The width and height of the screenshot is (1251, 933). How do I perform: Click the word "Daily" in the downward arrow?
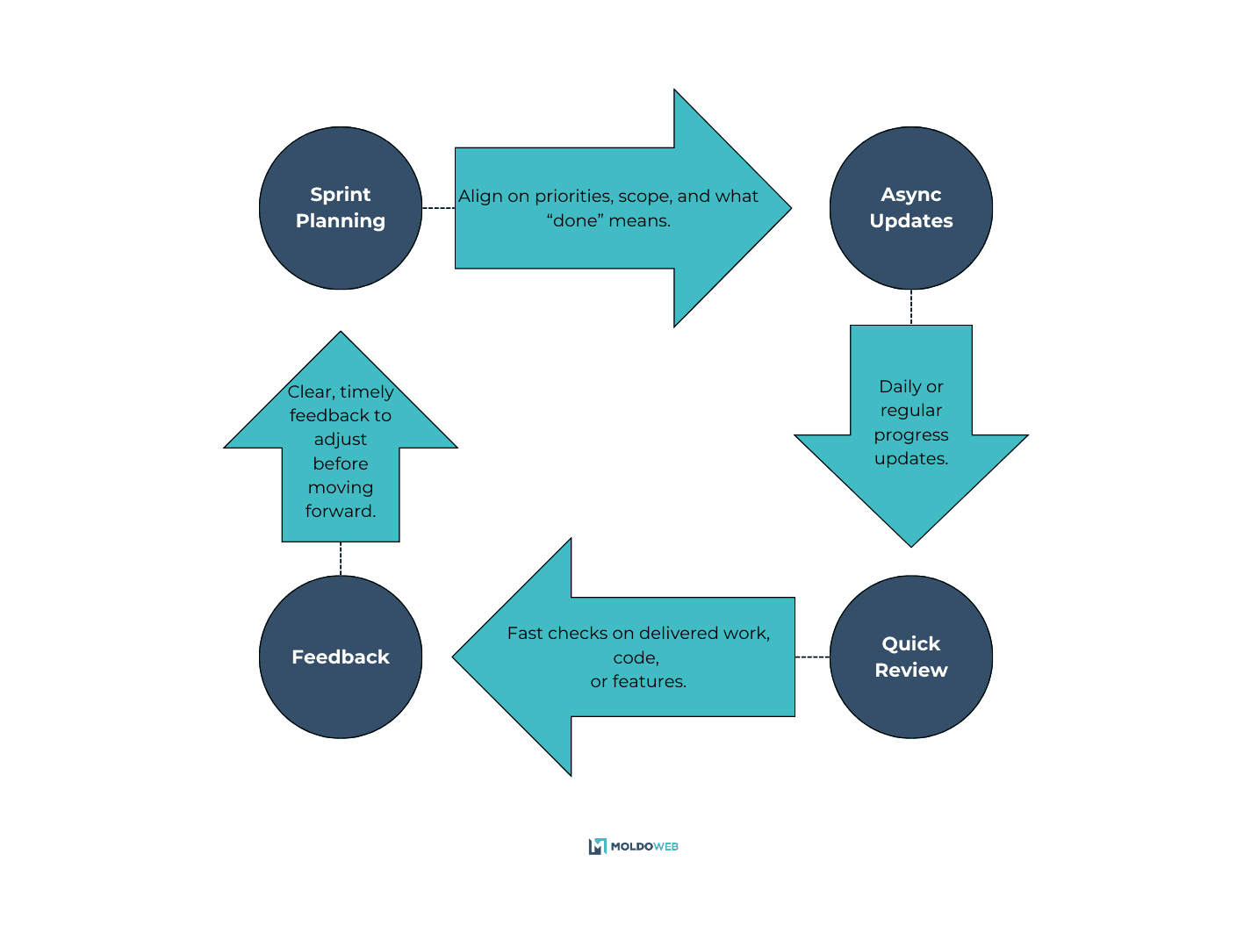900,387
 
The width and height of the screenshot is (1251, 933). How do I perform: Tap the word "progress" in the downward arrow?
911,435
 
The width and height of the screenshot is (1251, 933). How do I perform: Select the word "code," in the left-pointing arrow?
636,658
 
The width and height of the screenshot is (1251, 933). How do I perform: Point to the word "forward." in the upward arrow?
341,512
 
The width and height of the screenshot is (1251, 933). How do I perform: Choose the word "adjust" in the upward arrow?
341,440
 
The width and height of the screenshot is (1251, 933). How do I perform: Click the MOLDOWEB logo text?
644,847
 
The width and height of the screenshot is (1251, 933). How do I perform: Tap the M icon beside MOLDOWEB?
598,846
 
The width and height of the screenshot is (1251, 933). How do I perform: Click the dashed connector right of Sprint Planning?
438,208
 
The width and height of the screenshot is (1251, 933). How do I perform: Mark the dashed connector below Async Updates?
911,307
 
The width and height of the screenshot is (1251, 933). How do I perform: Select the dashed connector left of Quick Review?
812,657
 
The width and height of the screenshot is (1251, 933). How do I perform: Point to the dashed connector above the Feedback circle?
341,559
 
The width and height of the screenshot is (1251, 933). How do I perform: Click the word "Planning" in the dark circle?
341,221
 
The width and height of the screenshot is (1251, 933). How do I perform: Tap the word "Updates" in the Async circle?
911,221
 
